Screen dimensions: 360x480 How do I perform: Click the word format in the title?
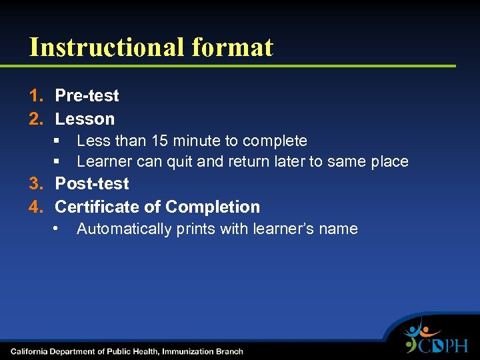click(x=232, y=47)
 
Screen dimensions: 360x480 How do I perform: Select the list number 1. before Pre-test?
click(x=36, y=96)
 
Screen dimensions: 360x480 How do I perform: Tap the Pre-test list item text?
click(x=87, y=96)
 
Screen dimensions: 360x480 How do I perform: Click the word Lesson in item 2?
click(x=85, y=119)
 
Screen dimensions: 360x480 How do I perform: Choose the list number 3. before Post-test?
click(x=36, y=184)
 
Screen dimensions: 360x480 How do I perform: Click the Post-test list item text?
click(x=92, y=184)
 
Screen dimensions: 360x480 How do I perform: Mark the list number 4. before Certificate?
click(x=36, y=207)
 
